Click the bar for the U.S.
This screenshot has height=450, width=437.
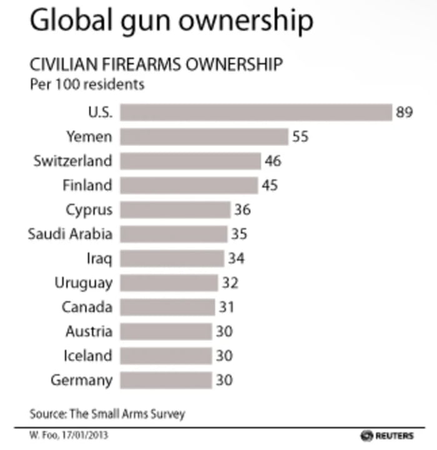(255, 112)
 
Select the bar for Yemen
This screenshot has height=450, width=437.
(204, 137)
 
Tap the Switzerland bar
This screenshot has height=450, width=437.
(190, 161)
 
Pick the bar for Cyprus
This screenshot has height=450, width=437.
(175, 210)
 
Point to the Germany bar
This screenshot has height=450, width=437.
(165, 380)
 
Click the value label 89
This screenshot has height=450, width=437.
(405, 112)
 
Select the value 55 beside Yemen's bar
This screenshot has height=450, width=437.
(300, 137)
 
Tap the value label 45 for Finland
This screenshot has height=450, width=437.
(270, 185)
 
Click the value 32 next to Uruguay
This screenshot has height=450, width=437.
(229, 283)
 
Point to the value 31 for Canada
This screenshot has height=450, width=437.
(226, 307)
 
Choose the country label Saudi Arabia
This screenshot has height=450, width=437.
(70, 234)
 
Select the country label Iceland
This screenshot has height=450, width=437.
(88, 356)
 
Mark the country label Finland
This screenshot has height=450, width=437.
(87, 185)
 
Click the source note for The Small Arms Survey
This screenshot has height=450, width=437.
(107, 414)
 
